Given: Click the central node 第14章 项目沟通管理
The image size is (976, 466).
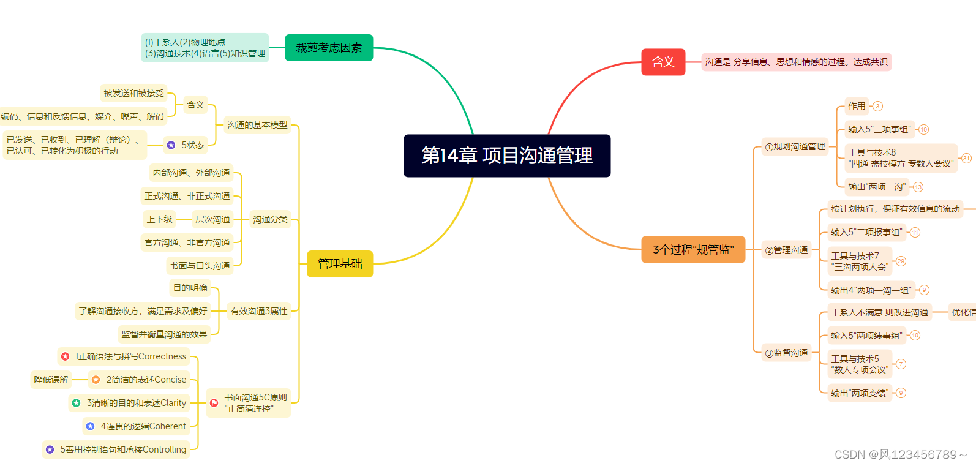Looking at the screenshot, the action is (507, 156).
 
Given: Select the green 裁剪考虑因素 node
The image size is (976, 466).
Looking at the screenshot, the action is (329, 48).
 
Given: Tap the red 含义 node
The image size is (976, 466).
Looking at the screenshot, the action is (663, 62).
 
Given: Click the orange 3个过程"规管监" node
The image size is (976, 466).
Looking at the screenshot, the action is (693, 249).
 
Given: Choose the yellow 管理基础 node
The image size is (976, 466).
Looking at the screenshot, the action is (340, 264).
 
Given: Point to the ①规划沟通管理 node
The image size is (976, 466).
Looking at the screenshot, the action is (795, 147).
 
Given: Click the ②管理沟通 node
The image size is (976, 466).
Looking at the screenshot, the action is (786, 250).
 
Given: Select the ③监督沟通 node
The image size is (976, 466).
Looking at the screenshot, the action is (786, 353).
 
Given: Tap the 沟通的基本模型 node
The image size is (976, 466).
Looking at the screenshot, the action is (257, 125).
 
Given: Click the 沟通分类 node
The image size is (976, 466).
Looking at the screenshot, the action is (270, 219).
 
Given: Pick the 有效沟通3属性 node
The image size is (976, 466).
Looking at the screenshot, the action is (258, 311).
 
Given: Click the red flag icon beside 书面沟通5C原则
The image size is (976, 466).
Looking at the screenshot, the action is (214, 403).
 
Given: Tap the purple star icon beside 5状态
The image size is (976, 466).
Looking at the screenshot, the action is (171, 145).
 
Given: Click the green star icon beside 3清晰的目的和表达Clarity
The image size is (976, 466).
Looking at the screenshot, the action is (77, 403).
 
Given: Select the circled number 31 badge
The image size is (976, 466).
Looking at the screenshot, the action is (966, 158).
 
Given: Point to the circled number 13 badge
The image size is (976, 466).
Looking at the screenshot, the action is (918, 187).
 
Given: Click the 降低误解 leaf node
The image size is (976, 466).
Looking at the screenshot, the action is (51, 380).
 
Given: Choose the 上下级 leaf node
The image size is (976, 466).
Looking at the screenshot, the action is (159, 219).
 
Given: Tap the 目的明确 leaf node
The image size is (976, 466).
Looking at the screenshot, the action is (190, 288).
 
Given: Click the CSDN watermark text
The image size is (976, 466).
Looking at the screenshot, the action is (900, 454).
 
